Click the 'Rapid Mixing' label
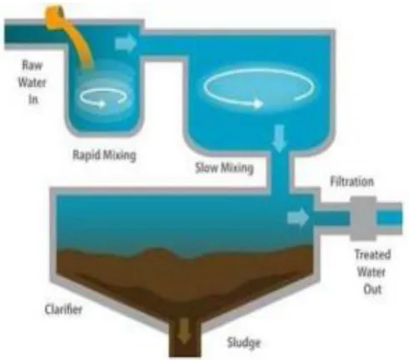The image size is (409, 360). point(104,155)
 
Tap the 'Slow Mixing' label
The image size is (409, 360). point(224,167)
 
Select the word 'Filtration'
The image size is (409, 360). point(352,182)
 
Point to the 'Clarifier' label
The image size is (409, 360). point(63,309)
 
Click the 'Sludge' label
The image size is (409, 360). point(244,342)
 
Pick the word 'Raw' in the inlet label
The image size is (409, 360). point(32,65)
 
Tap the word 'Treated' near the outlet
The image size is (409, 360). point(372,254)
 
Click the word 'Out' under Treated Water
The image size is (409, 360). point(372,289)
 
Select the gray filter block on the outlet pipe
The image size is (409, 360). point(363,218)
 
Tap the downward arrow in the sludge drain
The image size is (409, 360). point(184,331)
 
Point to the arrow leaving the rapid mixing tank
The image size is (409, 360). point(126,43)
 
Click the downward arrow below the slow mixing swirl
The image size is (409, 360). point(279,138)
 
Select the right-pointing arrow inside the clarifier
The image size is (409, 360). point(298,217)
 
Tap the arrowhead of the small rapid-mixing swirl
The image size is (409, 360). point(102,104)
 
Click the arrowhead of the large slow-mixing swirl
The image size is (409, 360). point(258,104)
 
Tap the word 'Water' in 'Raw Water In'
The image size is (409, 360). point(32,82)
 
